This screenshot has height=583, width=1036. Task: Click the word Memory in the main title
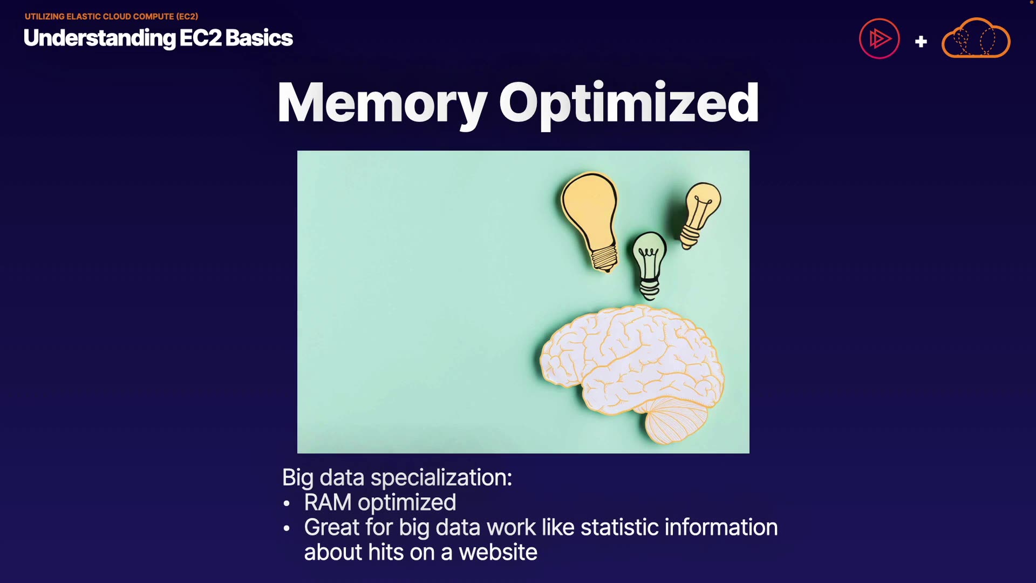point(382,104)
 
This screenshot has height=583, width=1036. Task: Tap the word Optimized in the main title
point(629,104)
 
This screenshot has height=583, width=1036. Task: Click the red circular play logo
point(880,39)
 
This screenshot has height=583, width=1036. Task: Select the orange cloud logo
point(976,38)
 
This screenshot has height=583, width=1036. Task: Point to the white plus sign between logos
point(921,42)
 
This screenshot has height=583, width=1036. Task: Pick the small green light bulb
point(649,265)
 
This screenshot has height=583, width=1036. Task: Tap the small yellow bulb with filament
point(700,214)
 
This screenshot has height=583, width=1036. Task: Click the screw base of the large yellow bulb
point(604,258)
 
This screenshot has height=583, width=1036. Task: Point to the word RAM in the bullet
point(328,503)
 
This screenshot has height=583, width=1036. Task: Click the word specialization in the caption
point(441,478)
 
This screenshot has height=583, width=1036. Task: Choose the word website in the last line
point(498,552)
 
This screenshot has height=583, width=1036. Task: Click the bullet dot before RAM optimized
point(287,504)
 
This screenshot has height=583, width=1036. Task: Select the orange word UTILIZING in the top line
point(44,17)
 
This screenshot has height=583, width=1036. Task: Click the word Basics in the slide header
point(259,38)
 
